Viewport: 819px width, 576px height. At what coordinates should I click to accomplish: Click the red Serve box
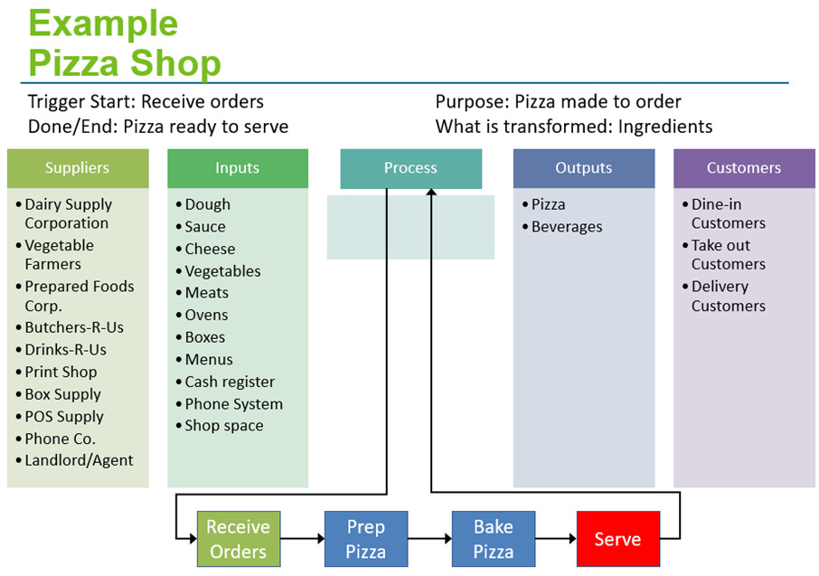(x=618, y=539)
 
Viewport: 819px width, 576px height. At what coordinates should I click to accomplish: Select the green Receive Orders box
(x=239, y=539)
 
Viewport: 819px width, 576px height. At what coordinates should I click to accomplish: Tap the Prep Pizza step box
(x=366, y=539)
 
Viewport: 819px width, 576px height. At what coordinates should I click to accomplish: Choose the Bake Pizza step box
(x=494, y=539)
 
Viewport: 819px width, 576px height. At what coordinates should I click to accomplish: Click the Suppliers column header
(x=78, y=168)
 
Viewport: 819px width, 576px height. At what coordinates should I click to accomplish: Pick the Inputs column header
(x=238, y=168)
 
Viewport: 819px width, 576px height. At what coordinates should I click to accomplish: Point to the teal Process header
(x=411, y=168)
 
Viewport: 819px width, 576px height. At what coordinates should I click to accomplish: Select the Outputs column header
(x=584, y=168)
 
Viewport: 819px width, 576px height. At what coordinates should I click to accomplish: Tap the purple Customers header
(x=744, y=168)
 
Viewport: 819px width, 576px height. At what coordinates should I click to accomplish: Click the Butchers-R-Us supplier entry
(x=74, y=327)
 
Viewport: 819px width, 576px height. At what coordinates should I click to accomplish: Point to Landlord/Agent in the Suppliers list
(x=79, y=460)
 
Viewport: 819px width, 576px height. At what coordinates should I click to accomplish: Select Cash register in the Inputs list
(x=230, y=382)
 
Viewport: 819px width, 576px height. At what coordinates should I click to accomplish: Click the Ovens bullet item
(x=206, y=315)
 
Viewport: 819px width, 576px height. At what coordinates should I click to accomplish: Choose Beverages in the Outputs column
(x=567, y=227)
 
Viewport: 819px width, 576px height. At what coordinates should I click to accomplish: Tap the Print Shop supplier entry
(x=61, y=372)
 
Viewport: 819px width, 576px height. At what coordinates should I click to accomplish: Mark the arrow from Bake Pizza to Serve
(x=556, y=538)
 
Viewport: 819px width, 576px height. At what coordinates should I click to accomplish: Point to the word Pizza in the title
(x=74, y=62)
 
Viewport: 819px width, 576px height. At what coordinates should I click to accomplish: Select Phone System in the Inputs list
(x=234, y=404)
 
